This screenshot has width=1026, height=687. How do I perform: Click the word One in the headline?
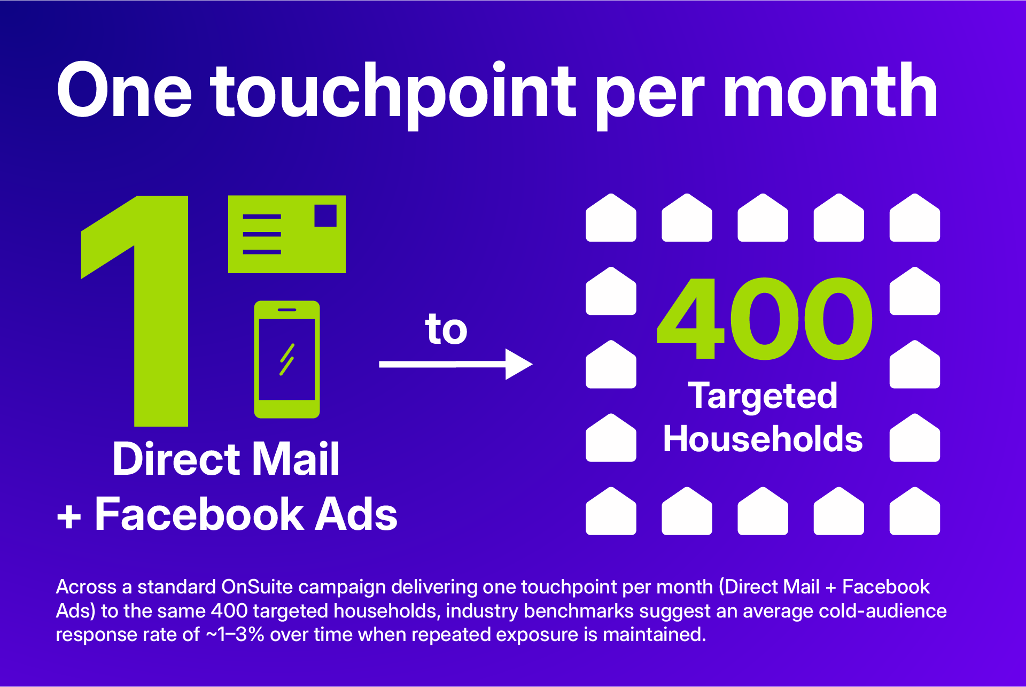(x=124, y=91)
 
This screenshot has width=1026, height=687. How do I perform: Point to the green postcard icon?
(x=286, y=234)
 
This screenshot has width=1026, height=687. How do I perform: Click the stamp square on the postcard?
(x=325, y=215)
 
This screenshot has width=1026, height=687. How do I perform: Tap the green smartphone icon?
(x=287, y=359)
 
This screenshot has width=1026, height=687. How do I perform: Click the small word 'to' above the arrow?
(x=446, y=329)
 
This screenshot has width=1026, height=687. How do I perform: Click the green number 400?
(x=764, y=319)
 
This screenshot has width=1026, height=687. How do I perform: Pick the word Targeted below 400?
(x=763, y=396)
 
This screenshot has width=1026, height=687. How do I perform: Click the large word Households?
(x=763, y=439)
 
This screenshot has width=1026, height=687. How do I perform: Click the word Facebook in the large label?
(x=199, y=514)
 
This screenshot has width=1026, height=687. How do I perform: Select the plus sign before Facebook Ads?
(x=69, y=517)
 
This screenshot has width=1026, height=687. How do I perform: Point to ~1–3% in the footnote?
(x=235, y=635)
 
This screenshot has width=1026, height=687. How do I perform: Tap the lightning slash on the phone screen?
(x=287, y=359)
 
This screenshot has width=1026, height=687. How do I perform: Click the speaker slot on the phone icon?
(x=287, y=310)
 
